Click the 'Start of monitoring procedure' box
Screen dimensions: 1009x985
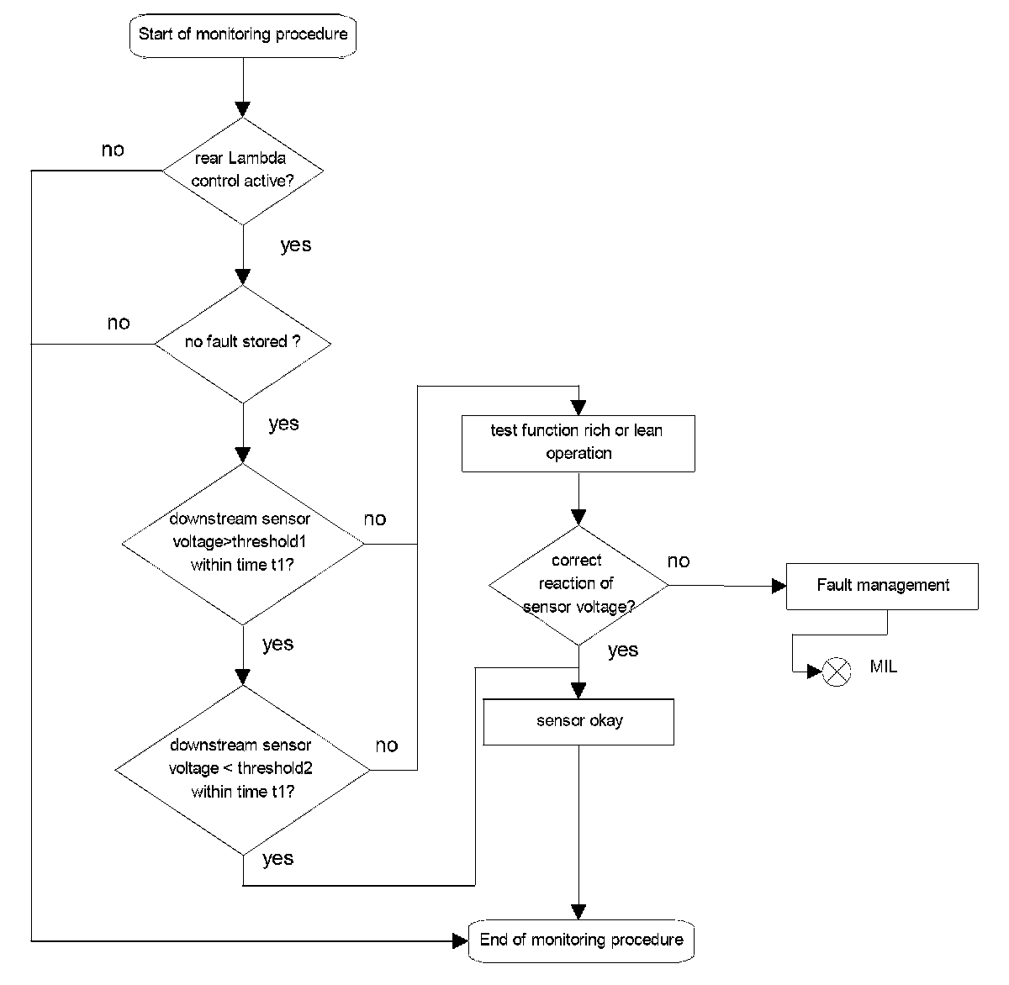pyautogui.click(x=243, y=36)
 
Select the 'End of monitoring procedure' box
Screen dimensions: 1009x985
pyautogui.click(x=581, y=940)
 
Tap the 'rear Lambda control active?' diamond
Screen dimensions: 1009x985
pyautogui.click(x=243, y=171)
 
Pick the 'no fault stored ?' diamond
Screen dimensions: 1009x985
pyautogui.click(x=243, y=343)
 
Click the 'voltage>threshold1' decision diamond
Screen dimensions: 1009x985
pyautogui.click(x=243, y=544)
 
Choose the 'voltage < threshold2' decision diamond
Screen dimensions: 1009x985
pyautogui.click(x=243, y=770)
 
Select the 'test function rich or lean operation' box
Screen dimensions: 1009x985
pyautogui.click(x=578, y=444)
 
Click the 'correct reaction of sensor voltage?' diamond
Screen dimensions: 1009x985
pyautogui.click(x=578, y=586)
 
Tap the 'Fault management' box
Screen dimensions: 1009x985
pyautogui.click(x=882, y=586)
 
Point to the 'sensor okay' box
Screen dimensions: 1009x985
pyautogui.click(x=578, y=722)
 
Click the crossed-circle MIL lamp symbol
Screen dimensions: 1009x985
pyautogui.click(x=837, y=672)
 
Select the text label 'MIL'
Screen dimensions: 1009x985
pyautogui.click(x=884, y=666)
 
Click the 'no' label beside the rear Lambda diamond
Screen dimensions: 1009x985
pyautogui.click(x=113, y=150)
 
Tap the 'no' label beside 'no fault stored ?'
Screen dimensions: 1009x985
pyautogui.click(x=119, y=324)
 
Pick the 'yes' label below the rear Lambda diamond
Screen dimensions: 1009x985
pyautogui.click(x=295, y=245)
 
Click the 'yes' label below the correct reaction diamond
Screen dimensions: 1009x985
pyautogui.click(x=623, y=651)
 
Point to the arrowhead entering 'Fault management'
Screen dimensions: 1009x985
pyautogui.click(x=779, y=586)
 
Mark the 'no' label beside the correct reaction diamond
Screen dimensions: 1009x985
pyautogui.click(x=679, y=561)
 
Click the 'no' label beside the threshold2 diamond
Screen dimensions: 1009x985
pyautogui.click(x=387, y=745)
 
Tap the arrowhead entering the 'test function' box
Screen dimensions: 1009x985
pyautogui.click(x=578, y=408)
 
